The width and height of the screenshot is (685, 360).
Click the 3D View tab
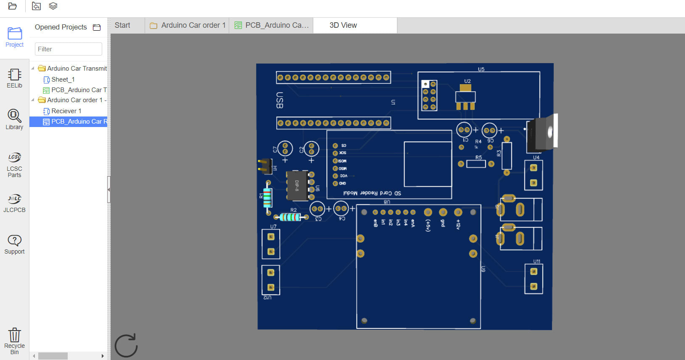click(x=343, y=25)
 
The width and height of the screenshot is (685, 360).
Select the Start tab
click(x=122, y=25)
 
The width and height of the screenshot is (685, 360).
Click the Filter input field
click(x=68, y=49)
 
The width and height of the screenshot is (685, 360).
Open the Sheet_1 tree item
click(x=63, y=79)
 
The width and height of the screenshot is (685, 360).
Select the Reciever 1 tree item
click(x=66, y=111)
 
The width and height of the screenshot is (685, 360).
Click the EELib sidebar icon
click(x=14, y=78)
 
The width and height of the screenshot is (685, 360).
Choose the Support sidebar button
click(x=14, y=244)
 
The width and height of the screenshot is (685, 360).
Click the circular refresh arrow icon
click(x=126, y=346)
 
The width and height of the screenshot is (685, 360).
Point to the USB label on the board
click(x=280, y=100)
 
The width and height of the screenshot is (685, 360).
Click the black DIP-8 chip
click(x=297, y=185)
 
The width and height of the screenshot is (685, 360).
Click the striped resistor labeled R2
click(x=290, y=217)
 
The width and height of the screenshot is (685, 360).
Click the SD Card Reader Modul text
click(x=372, y=193)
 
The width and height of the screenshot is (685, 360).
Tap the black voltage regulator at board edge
click(x=541, y=134)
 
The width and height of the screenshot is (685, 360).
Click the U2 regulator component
click(x=465, y=97)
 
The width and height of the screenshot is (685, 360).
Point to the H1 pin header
click(x=265, y=166)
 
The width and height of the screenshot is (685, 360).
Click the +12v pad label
click(x=458, y=224)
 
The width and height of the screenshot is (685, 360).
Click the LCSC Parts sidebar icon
click(x=14, y=164)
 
